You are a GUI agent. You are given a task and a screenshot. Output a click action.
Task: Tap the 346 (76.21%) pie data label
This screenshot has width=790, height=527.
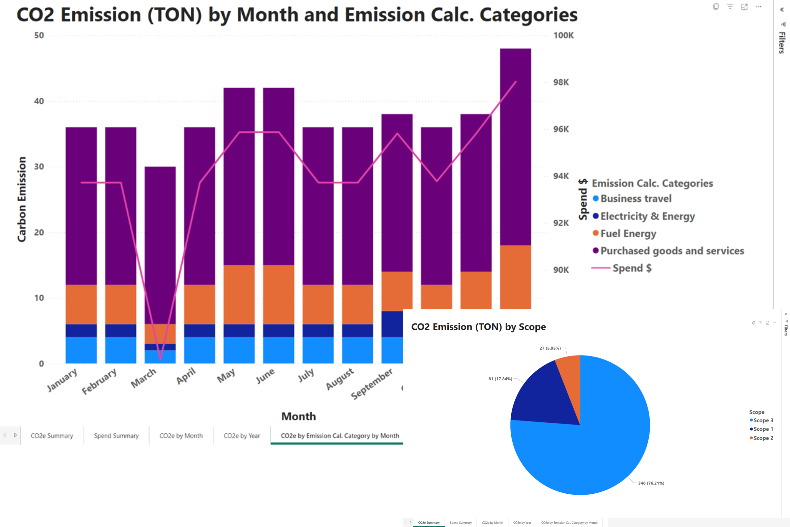click(x=651, y=483)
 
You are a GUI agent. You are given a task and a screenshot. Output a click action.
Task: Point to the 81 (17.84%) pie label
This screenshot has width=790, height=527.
click(x=500, y=379)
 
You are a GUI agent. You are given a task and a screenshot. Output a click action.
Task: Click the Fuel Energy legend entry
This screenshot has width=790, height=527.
click(x=628, y=234)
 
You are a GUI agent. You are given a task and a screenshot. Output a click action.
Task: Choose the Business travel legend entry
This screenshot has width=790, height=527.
click(x=635, y=199)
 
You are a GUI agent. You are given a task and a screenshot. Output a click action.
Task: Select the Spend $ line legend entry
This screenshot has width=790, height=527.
click(x=631, y=268)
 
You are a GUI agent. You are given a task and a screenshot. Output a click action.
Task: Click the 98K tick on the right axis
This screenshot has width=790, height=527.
click(x=561, y=82)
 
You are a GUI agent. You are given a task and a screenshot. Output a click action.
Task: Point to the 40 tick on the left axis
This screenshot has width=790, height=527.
click(x=39, y=101)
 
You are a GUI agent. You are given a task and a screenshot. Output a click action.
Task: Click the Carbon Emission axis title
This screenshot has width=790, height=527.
click(x=22, y=199)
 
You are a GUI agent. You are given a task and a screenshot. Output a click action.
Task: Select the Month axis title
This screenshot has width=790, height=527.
click(x=299, y=416)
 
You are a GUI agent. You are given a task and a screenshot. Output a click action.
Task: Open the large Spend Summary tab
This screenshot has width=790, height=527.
click(x=116, y=436)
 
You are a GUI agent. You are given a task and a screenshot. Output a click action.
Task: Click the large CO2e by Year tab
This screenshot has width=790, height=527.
click(x=242, y=436)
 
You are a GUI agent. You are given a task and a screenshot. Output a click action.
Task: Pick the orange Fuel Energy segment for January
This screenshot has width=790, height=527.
click(x=81, y=304)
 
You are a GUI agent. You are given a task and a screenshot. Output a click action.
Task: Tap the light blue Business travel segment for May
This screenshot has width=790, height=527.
click(x=239, y=350)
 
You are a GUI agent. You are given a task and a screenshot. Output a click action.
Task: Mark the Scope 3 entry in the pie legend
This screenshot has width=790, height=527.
click(x=763, y=420)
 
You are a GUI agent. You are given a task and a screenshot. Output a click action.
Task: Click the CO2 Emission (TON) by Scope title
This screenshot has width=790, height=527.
click(x=478, y=327)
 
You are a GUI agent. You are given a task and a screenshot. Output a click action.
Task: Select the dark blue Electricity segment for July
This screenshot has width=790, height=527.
click(x=318, y=331)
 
